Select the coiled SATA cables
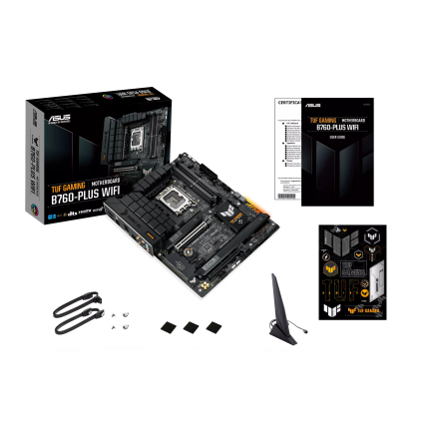(x=76, y=317)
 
